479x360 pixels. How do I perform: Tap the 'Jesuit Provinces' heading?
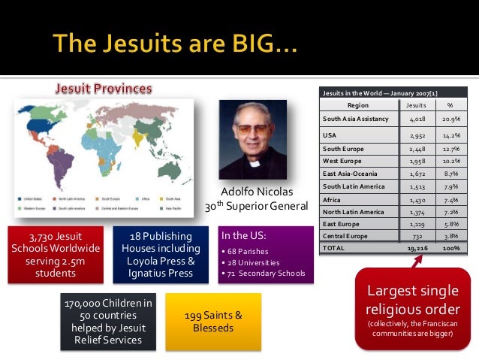[x=102, y=88]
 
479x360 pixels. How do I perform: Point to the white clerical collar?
[x=255, y=162]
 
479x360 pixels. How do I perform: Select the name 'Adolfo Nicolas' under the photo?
[x=255, y=190]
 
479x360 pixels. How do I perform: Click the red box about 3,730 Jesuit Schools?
[x=55, y=255]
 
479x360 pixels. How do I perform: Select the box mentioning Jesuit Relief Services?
[x=110, y=322]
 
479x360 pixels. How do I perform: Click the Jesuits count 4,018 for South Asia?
[x=417, y=119]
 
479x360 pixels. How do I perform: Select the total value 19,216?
[x=416, y=247]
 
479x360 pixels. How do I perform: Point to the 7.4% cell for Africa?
[x=450, y=201]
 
